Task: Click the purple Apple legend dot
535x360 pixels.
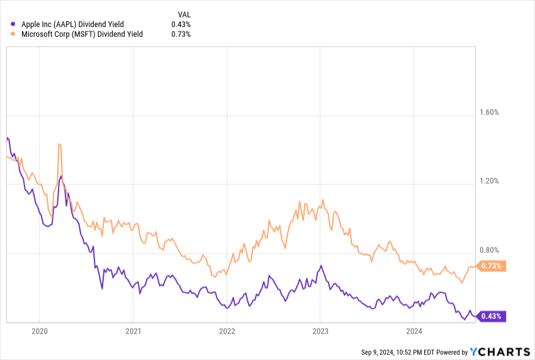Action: click(x=14, y=24)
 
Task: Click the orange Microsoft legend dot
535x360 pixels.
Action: click(x=14, y=34)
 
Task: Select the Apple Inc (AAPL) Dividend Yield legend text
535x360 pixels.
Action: click(x=77, y=24)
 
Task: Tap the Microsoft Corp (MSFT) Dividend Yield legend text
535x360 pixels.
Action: click(x=82, y=34)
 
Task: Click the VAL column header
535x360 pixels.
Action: click(x=184, y=14)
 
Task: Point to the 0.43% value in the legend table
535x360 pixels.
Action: click(x=181, y=24)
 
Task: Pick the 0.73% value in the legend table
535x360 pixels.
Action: click(x=181, y=34)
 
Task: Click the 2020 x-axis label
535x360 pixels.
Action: click(x=39, y=331)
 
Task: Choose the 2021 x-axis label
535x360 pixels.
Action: click(x=133, y=331)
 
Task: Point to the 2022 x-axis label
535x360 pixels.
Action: click(x=227, y=331)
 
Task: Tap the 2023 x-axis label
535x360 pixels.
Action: click(x=320, y=331)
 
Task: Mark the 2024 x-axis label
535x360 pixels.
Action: click(x=414, y=331)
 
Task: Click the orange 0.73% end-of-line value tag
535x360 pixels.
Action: click(x=491, y=266)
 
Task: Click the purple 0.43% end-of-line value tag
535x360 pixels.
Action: click(x=491, y=317)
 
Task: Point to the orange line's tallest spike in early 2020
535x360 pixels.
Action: click(x=59, y=144)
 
